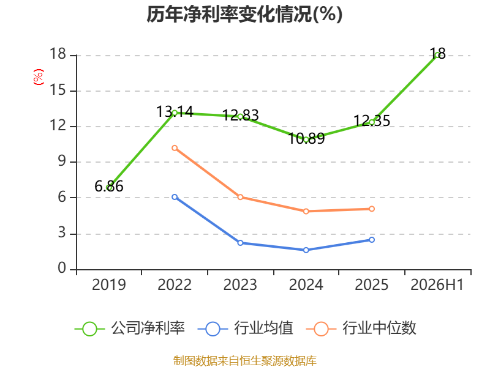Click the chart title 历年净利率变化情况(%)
coord(244,14)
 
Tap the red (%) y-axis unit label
coord(39,77)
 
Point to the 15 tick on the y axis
coord(58,91)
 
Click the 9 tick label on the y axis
coord(62,161)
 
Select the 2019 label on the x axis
coord(109,284)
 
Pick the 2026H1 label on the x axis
coord(437,284)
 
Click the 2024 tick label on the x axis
coord(306,284)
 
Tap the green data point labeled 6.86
coord(109,188)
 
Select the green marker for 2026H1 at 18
coord(437,56)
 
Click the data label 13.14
coord(175,112)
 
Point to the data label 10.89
coord(306,139)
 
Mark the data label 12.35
coord(372,120)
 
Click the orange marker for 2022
coord(175,148)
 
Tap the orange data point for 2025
coord(372,209)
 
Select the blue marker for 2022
coord(175,197)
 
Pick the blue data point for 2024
coord(306,250)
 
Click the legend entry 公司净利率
coord(130,328)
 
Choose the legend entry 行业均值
coord(246,328)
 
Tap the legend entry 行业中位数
coord(361,328)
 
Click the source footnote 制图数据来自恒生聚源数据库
coord(245,361)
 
